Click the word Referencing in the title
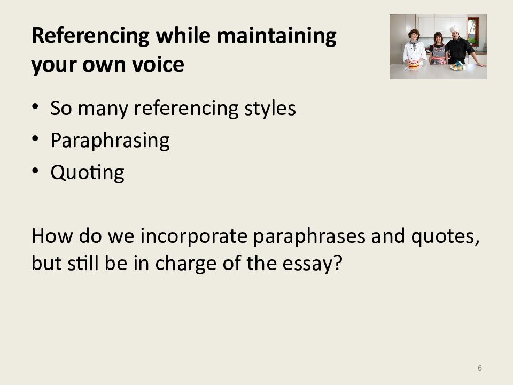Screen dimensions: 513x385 90,36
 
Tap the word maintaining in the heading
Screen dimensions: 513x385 276,35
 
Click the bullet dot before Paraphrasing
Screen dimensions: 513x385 35,138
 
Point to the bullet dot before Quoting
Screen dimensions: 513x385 35,171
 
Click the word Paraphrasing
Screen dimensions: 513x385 110,141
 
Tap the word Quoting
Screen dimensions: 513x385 87,173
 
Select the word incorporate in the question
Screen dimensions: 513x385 193,236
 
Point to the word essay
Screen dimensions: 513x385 312,263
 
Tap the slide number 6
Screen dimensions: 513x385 480,368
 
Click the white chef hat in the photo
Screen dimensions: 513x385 454,29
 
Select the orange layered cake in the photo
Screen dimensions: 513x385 414,65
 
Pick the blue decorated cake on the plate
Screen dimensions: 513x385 458,65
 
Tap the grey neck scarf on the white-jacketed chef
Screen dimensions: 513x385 414,44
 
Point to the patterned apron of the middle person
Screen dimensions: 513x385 438,55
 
